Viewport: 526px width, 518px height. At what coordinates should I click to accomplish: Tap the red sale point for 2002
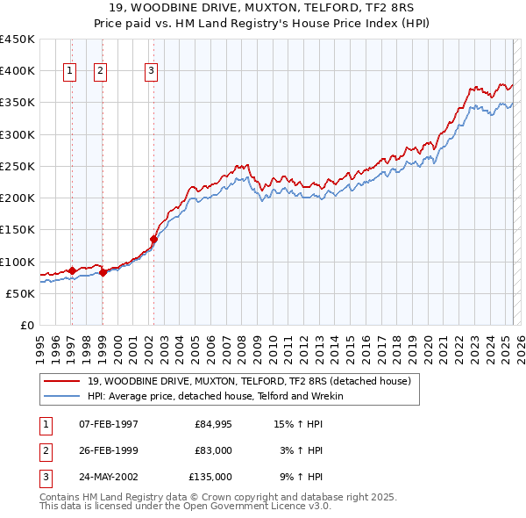[153, 239]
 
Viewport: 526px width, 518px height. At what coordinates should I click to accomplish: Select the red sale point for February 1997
[72, 270]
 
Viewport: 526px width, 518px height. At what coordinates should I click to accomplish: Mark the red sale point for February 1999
[103, 272]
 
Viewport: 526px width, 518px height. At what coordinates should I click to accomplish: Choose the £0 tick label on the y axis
[26, 326]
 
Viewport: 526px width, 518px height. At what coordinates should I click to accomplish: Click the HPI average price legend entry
[216, 396]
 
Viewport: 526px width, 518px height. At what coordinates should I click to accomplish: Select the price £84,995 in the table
[210, 424]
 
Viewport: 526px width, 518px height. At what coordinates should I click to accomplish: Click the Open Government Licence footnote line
[185, 507]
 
